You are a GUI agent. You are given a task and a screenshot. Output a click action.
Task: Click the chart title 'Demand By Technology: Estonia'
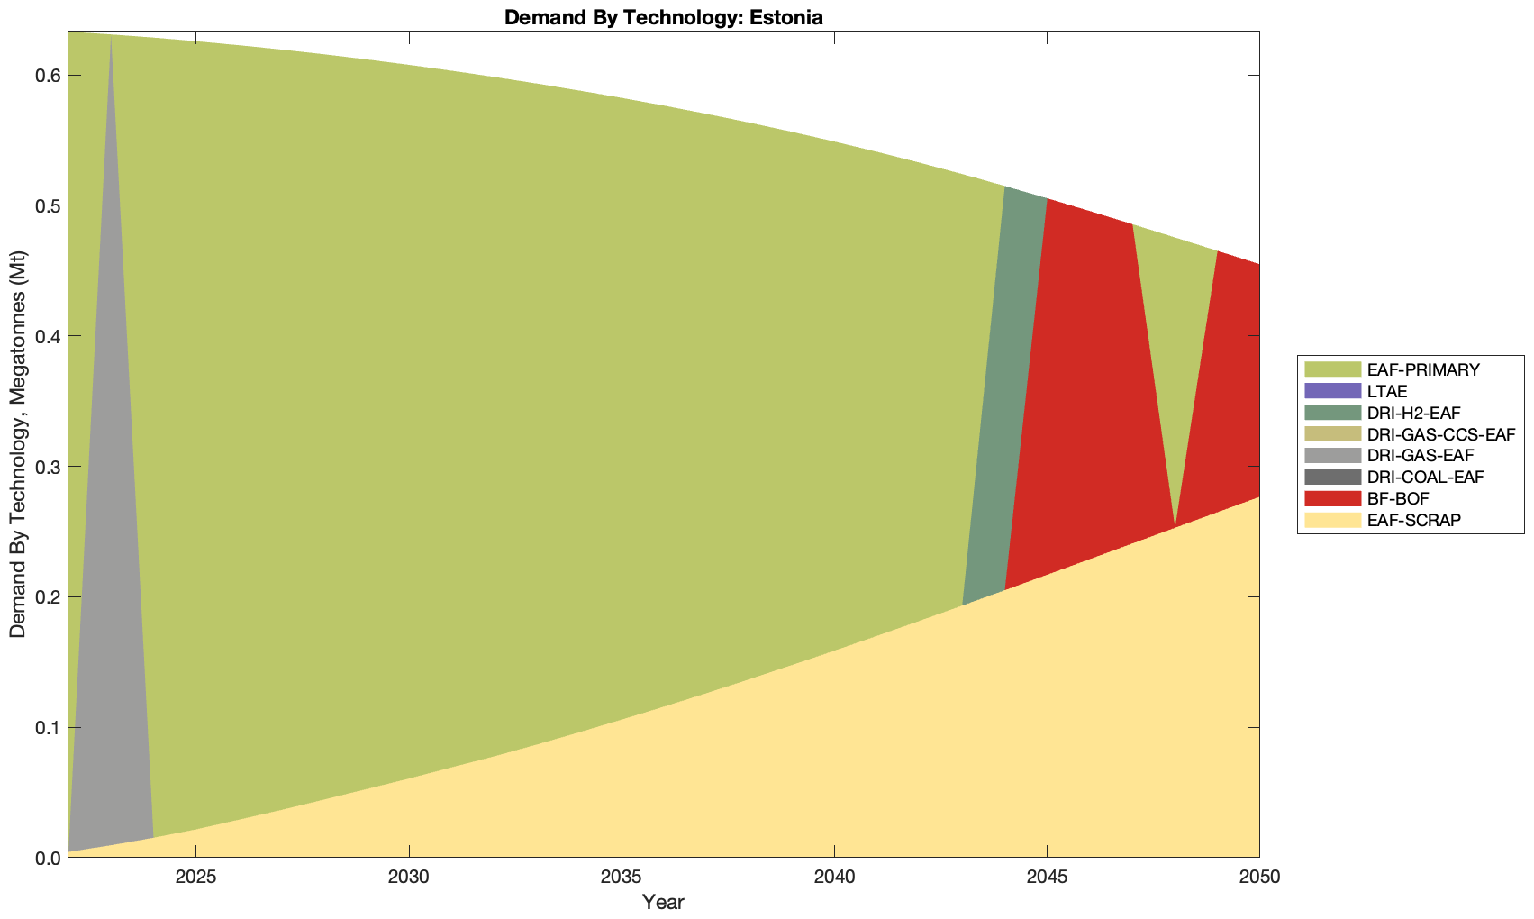click(663, 17)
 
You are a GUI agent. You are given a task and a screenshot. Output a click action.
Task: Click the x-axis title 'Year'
click(663, 902)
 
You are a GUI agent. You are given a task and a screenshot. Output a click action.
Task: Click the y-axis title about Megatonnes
click(18, 443)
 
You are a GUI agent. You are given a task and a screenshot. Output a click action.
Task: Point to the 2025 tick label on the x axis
click(195, 878)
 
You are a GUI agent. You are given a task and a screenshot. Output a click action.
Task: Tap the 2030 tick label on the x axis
click(409, 878)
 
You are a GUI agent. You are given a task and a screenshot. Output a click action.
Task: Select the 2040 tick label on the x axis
click(834, 878)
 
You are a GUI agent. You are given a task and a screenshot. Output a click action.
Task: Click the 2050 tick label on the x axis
click(1258, 878)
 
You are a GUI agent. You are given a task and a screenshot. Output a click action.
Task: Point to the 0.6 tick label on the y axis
click(47, 76)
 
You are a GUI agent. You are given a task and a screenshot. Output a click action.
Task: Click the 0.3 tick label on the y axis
click(47, 467)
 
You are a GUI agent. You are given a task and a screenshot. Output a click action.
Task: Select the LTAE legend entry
click(1386, 391)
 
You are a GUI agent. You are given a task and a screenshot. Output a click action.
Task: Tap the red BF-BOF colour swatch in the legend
click(1332, 499)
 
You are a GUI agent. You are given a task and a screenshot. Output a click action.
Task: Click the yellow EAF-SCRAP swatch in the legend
click(1332, 521)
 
